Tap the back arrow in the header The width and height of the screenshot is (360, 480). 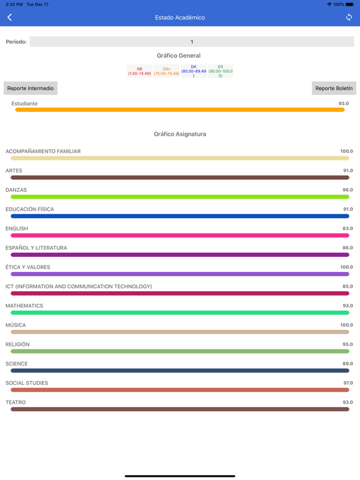point(10,17)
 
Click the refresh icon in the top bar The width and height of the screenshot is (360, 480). point(349,17)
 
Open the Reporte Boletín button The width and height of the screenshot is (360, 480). point(334,88)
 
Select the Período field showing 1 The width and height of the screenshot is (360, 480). point(191,42)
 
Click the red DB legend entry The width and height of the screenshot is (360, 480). point(139,71)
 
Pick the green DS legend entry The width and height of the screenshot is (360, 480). point(220,71)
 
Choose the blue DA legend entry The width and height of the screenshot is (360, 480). point(193,71)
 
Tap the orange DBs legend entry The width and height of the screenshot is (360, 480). point(166,71)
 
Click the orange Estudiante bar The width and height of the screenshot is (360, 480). point(180,110)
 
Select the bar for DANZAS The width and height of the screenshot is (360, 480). point(180,197)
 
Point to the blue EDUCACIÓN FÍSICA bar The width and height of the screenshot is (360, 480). point(180,216)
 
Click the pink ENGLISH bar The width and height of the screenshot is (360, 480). point(180,236)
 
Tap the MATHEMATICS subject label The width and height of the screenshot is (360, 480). point(24,306)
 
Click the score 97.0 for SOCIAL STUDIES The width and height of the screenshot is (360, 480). point(347,383)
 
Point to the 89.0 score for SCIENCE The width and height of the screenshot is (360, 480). point(347,364)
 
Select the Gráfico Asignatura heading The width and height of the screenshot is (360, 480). point(180,134)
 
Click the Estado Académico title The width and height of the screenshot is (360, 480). point(180,17)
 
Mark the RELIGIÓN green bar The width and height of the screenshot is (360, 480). point(180,351)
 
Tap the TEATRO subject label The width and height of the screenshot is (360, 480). point(16,402)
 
